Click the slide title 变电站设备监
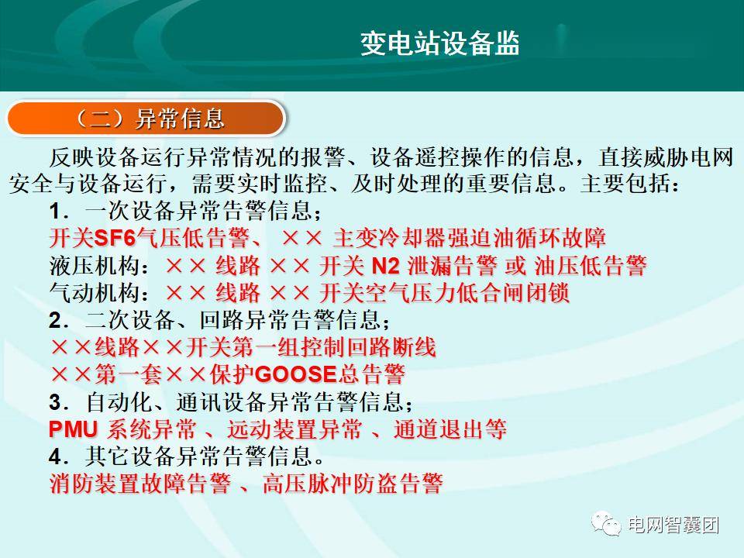point(440,43)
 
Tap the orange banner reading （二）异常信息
point(146,118)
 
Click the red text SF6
point(115,238)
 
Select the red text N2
point(386,266)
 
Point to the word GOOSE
point(296,374)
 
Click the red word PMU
point(73,429)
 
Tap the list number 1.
point(56,212)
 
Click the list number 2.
point(56,321)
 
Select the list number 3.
point(56,402)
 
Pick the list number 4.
point(56,457)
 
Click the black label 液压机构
point(95,266)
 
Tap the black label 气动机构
point(95,293)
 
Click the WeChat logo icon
point(606,524)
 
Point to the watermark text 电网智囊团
point(673,525)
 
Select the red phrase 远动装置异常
point(294,429)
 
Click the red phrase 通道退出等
point(449,429)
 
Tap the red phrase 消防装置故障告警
point(140,484)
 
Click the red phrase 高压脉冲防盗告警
point(353,484)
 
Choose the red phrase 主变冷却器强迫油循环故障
point(470,238)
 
